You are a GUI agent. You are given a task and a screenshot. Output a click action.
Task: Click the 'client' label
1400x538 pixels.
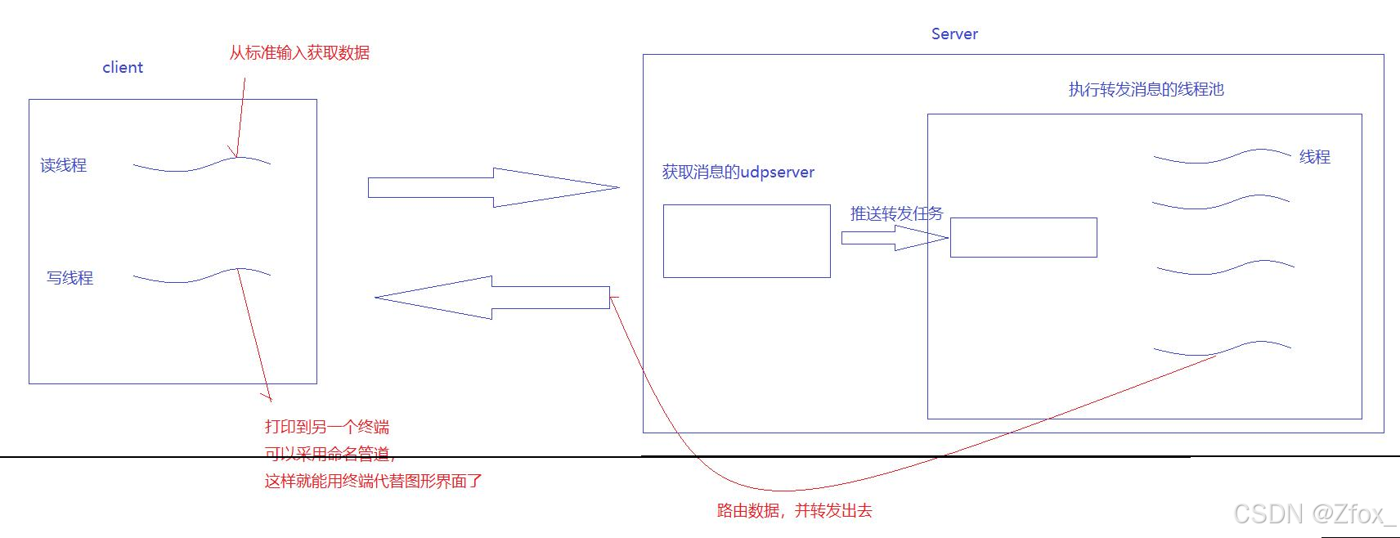coord(123,67)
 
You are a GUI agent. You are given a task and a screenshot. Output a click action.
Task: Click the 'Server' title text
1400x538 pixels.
coord(954,34)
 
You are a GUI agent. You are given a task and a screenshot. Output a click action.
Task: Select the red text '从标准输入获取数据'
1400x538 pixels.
coord(299,52)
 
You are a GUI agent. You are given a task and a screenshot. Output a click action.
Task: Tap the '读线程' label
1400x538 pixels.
coord(63,165)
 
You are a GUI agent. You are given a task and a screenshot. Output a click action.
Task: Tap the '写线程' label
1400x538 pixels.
coord(70,278)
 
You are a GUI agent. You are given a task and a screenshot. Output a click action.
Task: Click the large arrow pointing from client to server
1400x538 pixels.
coord(491,187)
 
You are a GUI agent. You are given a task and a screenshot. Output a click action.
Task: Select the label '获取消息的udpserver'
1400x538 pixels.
coord(738,173)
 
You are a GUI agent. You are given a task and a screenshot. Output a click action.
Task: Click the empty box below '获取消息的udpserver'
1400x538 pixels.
coord(747,241)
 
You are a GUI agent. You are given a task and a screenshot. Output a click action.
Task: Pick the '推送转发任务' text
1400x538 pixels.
coord(896,213)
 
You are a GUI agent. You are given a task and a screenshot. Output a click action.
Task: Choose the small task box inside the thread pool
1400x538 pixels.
coord(1023,237)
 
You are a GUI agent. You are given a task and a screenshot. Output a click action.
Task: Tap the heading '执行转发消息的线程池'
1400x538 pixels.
coord(1146,89)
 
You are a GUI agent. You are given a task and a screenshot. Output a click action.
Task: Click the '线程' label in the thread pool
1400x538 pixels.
coord(1314,157)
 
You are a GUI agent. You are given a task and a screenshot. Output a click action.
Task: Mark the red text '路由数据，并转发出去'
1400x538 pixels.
coord(794,511)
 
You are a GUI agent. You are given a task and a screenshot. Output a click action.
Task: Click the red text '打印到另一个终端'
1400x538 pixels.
coord(326,427)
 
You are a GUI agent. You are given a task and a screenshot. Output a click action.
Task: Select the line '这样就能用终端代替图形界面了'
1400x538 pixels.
coord(373,481)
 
